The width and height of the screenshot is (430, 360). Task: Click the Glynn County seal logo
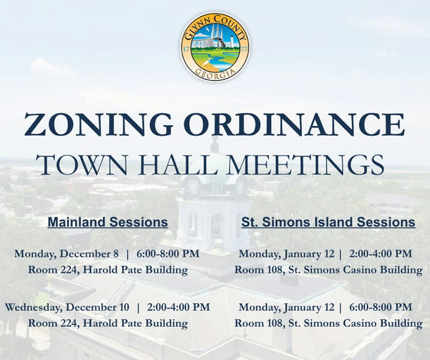tap(215, 46)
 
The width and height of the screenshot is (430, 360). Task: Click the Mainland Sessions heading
tap(108, 222)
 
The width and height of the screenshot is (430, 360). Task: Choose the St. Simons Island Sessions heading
tap(328, 222)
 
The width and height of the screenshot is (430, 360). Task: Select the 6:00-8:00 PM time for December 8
tap(167, 253)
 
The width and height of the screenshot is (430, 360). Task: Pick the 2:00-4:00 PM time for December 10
tap(178, 307)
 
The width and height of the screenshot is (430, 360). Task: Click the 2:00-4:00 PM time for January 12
tap(380, 253)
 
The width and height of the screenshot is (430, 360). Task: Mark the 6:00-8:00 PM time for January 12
tap(380, 307)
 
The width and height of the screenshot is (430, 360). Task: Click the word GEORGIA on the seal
tap(215, 74)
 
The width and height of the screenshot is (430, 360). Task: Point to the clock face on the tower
tap(193, 187)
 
